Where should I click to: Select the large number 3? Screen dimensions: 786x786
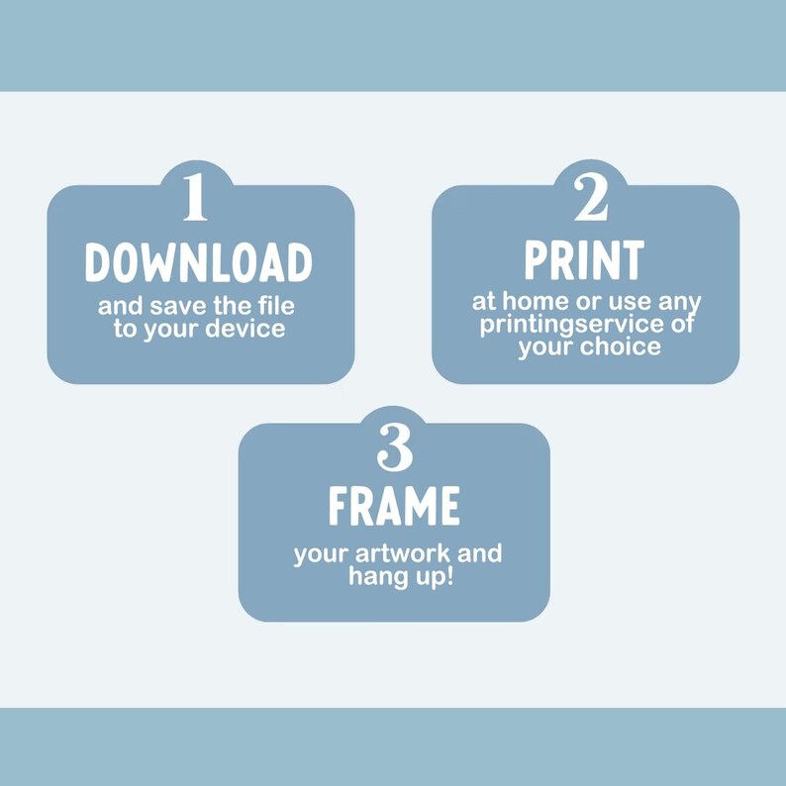coord(395,446)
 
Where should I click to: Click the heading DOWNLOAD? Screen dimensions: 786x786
coord(199,262)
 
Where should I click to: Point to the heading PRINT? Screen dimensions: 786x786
coord(584,259)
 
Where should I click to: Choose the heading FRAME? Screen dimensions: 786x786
coord(394,505)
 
